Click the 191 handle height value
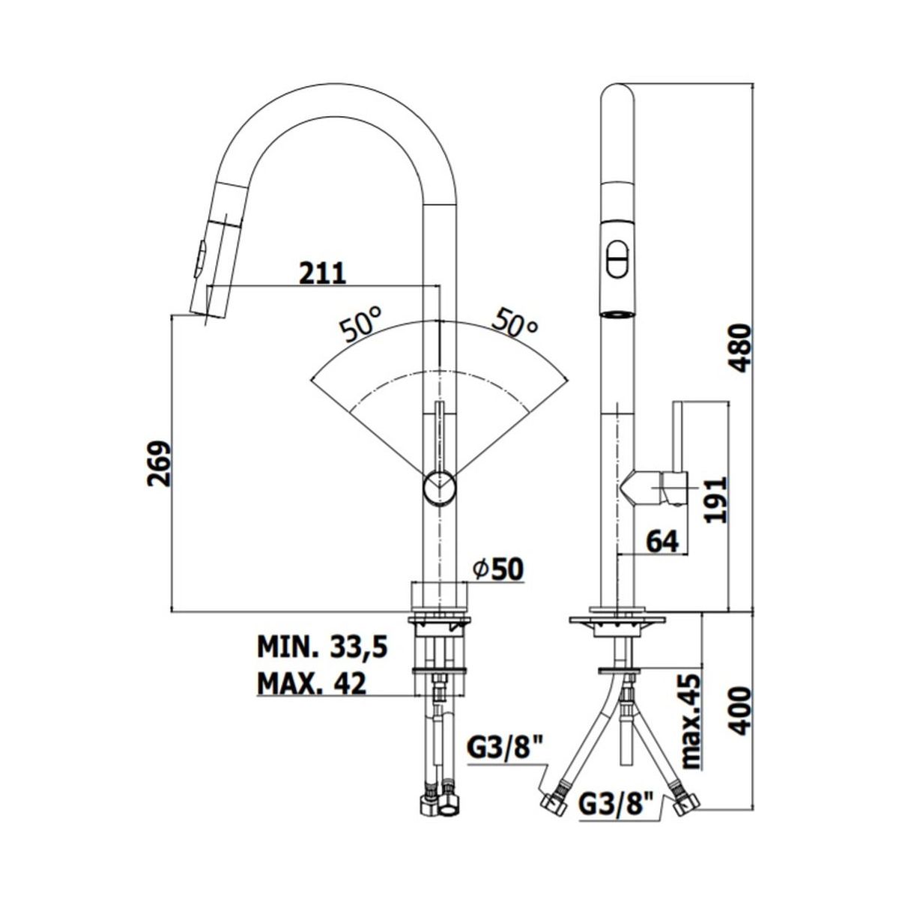pos(715,499)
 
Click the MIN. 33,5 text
pos(322,648)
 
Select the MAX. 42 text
pos(312,684)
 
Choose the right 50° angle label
pos(515,322)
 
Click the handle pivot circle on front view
pos(439,487)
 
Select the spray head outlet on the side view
pos(617,314)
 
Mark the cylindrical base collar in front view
pos(438,598)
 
